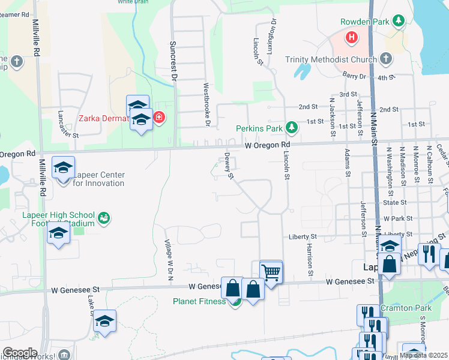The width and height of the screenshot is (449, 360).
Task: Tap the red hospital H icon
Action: coord(352,38)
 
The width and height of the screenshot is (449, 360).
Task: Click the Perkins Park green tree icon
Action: coord(291,127)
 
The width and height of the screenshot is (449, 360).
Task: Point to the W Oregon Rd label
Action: coord(267,145)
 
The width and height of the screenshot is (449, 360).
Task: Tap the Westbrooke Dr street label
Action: coord(206,104)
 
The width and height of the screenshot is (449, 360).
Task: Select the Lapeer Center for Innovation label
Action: coord(98,179)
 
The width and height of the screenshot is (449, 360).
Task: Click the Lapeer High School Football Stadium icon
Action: coord(104,217)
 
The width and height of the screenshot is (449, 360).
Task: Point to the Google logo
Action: coord(20,353)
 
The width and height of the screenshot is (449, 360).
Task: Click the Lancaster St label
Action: coord(68,124)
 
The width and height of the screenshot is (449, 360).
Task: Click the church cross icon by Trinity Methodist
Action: coord(385,59)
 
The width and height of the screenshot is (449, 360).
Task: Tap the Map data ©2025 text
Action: coord(424,355)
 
